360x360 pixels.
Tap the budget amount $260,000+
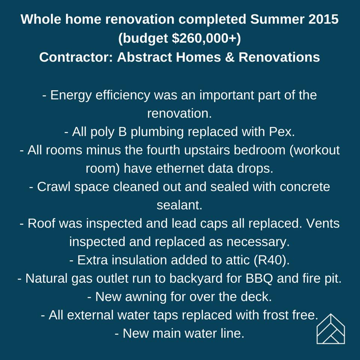pos(204,38)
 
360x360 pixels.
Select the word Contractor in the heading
pos(76,57)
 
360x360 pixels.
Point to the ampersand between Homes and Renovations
pos(229,57)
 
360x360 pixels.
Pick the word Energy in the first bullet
pos(71,96)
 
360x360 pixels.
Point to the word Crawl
pos(54,187)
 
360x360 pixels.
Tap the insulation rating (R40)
pos(271,260)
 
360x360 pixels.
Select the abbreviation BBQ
pos(259,279)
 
